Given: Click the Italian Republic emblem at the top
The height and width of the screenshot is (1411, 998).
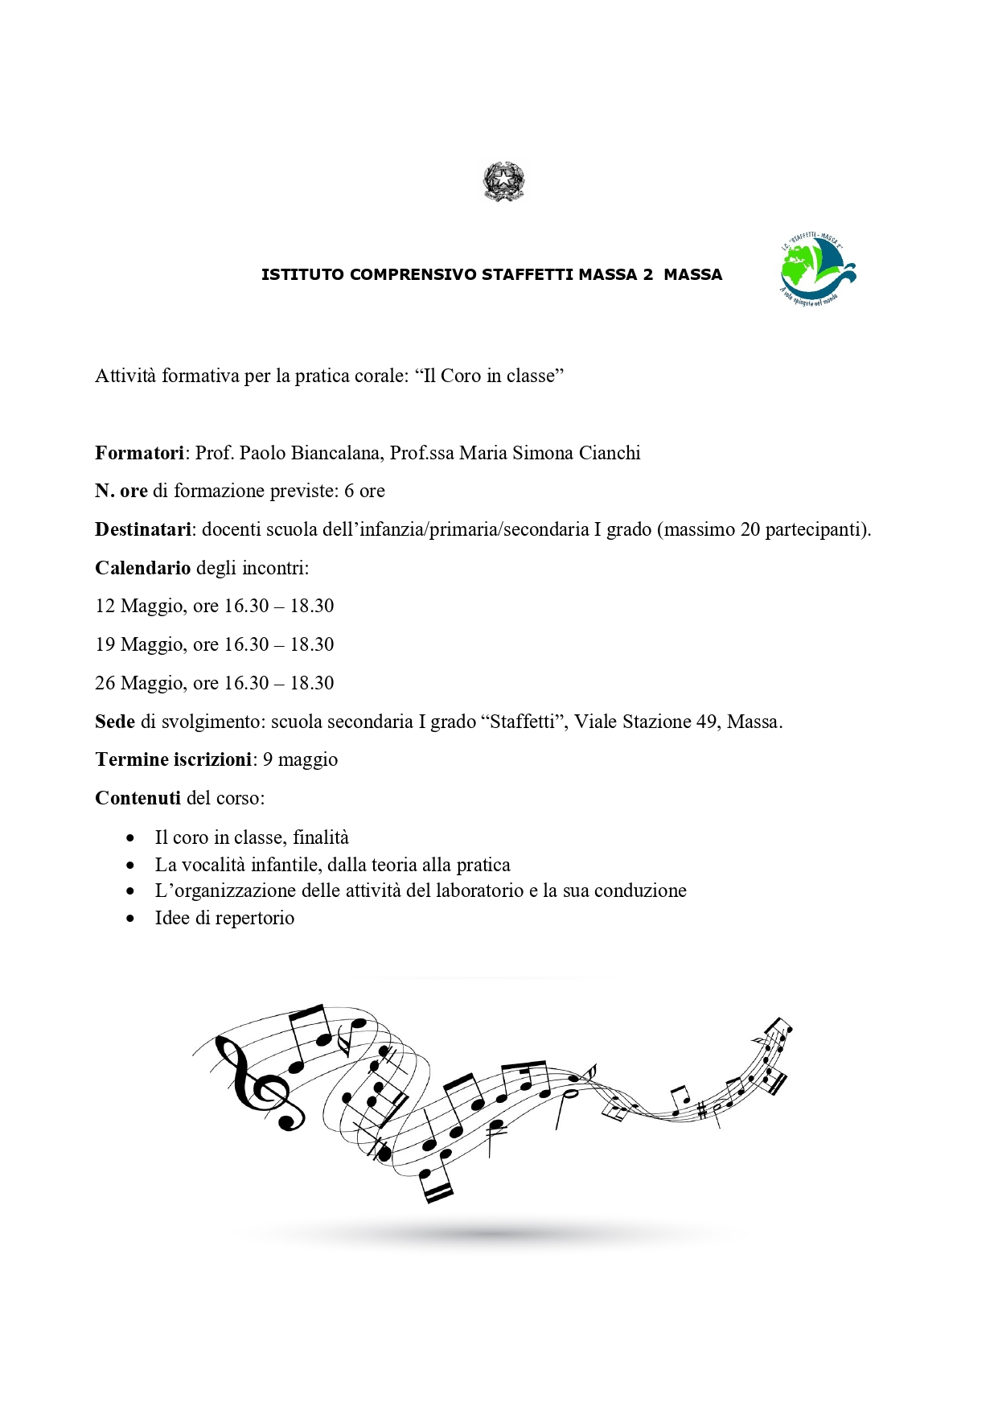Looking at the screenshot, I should click(503, 181).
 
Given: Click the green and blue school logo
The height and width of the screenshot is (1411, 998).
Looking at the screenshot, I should click(817, 270).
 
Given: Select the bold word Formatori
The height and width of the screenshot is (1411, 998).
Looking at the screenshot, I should click(140, 453).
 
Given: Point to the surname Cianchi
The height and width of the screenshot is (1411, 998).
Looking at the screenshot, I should click(611, 453).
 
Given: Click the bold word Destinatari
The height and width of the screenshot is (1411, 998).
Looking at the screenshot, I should click(143, 529).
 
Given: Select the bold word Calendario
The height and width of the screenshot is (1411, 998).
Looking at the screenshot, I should click(142, 568).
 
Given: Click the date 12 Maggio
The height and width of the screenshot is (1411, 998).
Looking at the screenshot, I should click(140, 606).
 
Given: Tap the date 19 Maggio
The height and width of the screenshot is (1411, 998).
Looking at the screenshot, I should click(140, 644).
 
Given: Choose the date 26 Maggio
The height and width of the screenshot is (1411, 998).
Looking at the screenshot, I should click(140, 683).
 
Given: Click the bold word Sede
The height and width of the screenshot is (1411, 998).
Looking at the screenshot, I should click(115, 722).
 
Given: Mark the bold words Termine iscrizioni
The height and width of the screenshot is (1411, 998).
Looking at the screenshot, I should click(173, 759).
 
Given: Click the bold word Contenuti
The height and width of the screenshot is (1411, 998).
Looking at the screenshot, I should click(138, 798).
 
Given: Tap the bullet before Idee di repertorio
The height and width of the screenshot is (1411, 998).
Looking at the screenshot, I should click(131, 918).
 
